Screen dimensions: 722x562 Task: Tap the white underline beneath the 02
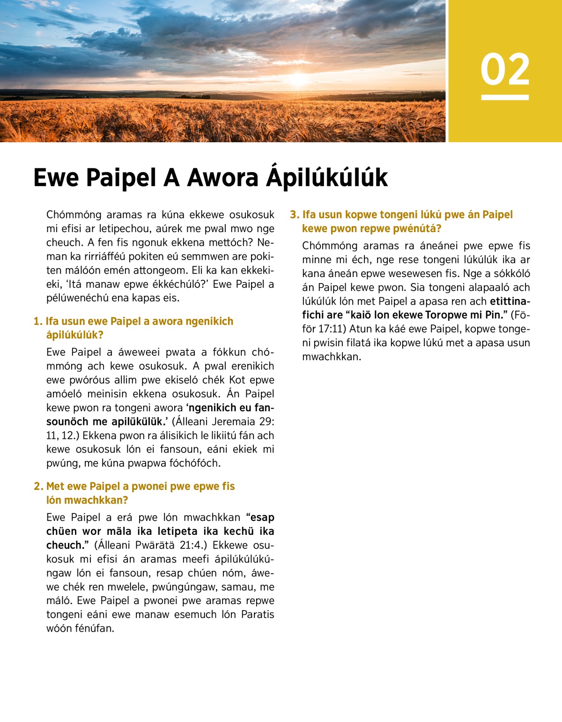click(505, 97)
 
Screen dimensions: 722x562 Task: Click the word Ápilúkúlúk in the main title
click(327, 178)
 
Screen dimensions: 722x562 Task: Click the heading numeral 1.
click(37, 321)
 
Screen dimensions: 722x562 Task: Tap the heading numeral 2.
click(38, 487)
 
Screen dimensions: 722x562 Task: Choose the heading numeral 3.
click(294, 215)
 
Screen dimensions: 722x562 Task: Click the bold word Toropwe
click(445, 315)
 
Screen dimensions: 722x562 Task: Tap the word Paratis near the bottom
click(258, 614)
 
